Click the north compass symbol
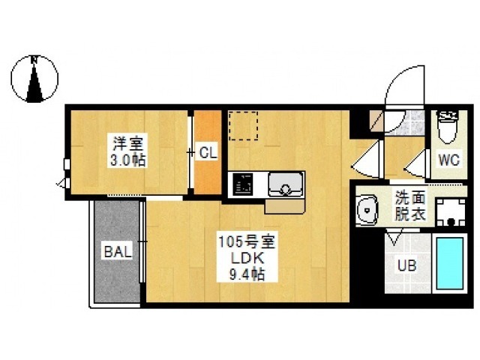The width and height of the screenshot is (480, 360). tap(34, 79)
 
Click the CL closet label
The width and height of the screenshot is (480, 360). tap(208, 152)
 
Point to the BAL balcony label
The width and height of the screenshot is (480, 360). tap(118, 252)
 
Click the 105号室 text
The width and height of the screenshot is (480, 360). tap(247, 242)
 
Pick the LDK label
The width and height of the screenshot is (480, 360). tap(247, 259)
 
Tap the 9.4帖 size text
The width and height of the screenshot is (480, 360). tap(247, 274)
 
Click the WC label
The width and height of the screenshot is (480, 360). tap(448, 160)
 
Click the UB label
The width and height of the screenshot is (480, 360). tap(406, 265)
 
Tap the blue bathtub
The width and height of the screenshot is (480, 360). tap(450, 263)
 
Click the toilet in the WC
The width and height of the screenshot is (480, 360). tap(448, 127)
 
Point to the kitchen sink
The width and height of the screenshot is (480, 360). tap(285, 184)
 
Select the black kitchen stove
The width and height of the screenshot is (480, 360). tap(243, 184)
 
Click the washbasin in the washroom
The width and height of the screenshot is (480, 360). tap(367, 210)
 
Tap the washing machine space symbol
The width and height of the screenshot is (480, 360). tap(451, 212)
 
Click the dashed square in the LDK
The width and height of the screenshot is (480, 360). tap(243, 125)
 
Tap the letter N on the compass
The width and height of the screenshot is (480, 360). tap(34, 60)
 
